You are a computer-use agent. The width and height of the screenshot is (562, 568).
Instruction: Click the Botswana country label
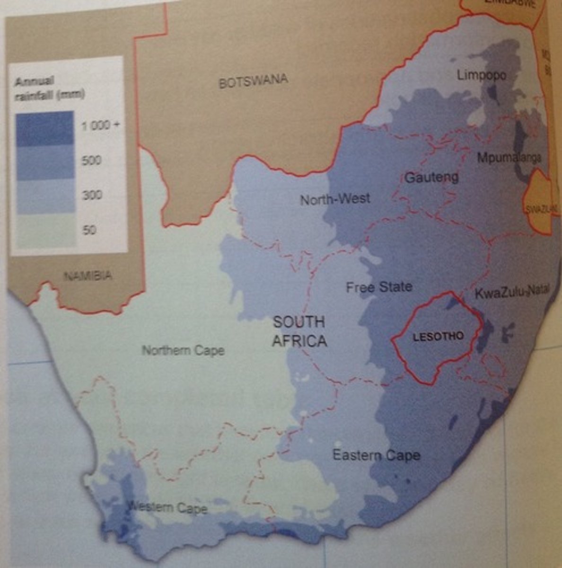point(253,81)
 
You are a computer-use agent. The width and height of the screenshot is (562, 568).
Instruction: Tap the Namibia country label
point(88,275)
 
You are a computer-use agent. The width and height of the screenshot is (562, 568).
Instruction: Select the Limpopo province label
point(481,75)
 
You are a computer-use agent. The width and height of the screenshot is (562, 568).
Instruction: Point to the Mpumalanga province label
point(509,158)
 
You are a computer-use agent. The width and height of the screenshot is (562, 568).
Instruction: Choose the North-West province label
point(335,199)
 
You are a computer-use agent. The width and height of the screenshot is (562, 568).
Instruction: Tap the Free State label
point(378,287)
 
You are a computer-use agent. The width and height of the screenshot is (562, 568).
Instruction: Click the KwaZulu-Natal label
point(511,292)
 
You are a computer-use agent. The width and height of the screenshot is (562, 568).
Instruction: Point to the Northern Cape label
point(183,351)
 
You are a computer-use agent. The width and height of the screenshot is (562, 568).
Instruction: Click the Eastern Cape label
point(376,455)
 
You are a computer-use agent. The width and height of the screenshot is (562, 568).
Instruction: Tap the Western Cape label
point(168,508)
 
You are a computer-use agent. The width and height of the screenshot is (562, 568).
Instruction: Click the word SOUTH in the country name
point(299,322)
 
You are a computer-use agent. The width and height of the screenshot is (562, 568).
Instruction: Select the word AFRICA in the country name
point(299,341)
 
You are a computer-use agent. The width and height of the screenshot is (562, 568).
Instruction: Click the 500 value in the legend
point(91,160)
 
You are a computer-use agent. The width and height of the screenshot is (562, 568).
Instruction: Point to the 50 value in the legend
point(89,230)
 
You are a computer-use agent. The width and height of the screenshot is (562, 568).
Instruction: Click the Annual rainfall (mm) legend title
point(49,88)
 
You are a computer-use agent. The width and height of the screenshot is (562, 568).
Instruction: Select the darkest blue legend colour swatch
point(44,128)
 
